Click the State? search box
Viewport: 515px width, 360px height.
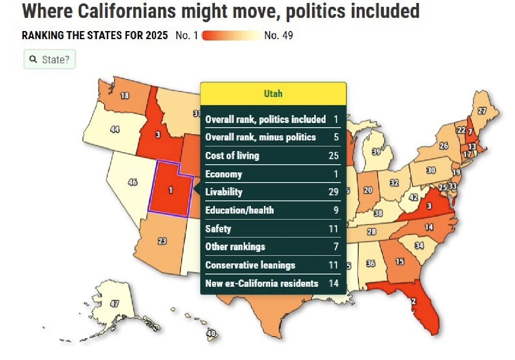(50, 59)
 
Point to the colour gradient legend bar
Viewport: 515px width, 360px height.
(232, 35)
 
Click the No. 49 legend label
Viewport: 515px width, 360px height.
(278, 35)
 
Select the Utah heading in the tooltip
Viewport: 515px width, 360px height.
(273, 94)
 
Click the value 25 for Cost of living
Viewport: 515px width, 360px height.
(333, 155)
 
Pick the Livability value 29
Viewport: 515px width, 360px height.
(333, 192)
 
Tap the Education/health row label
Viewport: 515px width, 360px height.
(239, 210)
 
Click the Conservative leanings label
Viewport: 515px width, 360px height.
(250, 265)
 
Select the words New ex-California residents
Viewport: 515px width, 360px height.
(262, 283)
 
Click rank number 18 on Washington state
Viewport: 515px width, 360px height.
(124, 96)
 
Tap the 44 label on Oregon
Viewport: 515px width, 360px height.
(114, 129)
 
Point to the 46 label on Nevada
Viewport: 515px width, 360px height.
(132, 182)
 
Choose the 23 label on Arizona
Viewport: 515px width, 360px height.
(162, 241)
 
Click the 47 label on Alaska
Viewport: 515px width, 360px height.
(114, 303)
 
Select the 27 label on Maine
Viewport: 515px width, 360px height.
(481, 111)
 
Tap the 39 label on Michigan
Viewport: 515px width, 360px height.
(376, 152)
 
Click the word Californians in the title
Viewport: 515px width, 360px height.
(127, 11)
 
